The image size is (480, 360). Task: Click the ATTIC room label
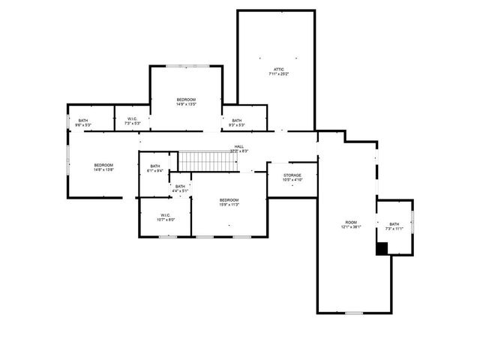pos(278,70)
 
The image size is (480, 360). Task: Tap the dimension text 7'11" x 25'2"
pos(278,74)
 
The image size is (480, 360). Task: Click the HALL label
pos(238,147)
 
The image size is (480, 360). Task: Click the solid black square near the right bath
pos(382,249)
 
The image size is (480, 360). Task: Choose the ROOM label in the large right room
pos(351,222)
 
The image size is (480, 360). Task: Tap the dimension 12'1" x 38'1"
pos(351,226)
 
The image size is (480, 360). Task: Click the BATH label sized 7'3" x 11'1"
pos(394,224)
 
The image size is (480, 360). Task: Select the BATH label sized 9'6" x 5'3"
pos(82,120)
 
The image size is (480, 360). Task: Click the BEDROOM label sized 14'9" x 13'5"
pos(186,100)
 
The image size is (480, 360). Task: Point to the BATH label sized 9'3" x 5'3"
pos(236,120)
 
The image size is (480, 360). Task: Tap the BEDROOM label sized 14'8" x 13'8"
pos(103,165)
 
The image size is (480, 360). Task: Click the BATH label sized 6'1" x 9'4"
pos(155,166)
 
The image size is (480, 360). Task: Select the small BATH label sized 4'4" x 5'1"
pos(180,187)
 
